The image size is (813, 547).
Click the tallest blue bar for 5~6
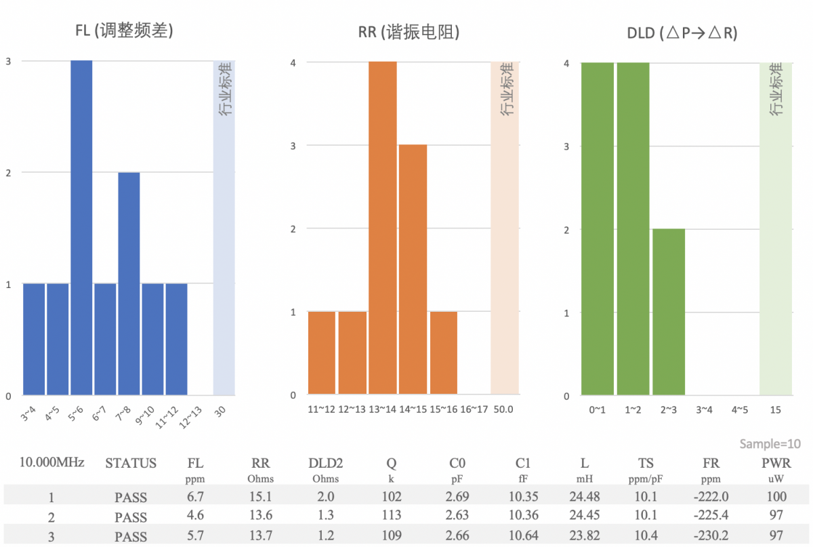coord(81,227)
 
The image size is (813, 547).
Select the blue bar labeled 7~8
coord(129,283)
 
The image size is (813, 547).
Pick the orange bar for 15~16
coord(443,353)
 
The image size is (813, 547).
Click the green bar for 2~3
coord(669,312)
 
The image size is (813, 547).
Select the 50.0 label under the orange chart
coord(503,409)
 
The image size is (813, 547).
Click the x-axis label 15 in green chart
coord(776,409)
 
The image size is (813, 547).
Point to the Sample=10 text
coord(770,444)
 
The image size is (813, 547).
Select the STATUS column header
coord(131,464)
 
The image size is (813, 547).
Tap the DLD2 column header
coord(325,464)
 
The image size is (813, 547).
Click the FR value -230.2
coord(711,536)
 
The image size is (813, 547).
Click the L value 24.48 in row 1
coord(585,498)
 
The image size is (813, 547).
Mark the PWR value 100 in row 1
coord(776,498)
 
